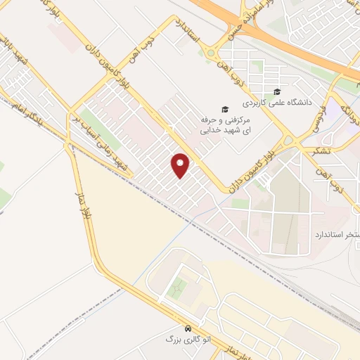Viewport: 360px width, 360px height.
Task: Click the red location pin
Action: click(x=181, y=165)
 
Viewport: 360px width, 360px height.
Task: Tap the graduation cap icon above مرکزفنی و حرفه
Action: click(x=224, y=109)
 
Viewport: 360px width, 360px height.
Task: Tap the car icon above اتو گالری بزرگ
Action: click(x=187, y=328)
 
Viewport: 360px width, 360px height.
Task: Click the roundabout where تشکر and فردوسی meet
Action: click(x=289, y=141)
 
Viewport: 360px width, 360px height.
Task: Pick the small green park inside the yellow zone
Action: click(x=179, y=287)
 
